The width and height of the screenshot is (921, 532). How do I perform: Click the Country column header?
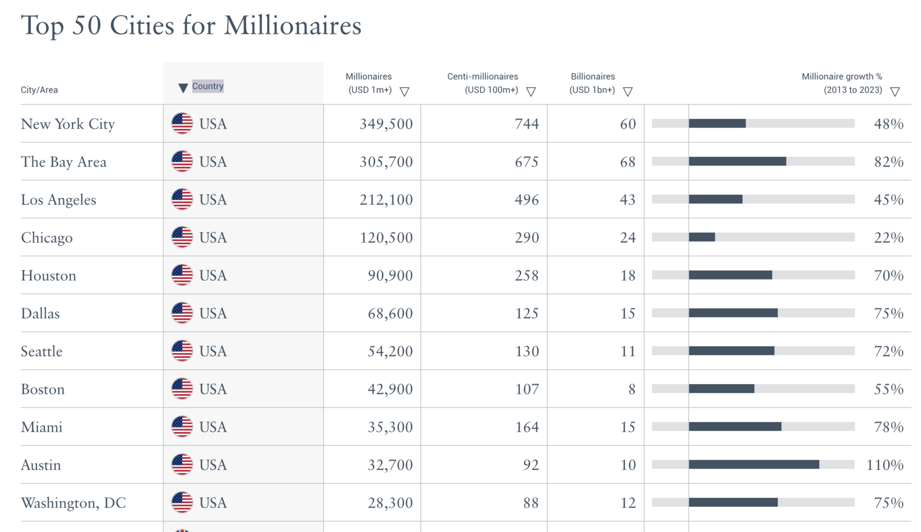pyautogui.click(x=207, y=86)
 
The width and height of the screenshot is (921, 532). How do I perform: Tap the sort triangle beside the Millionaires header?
pyautogui.click(x=404, y=92)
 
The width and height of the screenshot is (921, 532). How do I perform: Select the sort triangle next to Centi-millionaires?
pyautogui.click(x=531, y=92)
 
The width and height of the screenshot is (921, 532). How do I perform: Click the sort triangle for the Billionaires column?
pyautogui.click(x=628, y=92)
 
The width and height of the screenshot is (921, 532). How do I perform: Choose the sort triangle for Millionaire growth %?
pyautogui.click(x=895, y=92)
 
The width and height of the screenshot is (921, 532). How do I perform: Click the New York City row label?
pyautogui.click(x=68, y=124)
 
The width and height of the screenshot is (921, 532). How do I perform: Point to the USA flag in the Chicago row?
pyautogui.click(x=182, y=237)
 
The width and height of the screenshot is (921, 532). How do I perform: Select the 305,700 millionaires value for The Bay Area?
pyautogui.click(x=386, y=162)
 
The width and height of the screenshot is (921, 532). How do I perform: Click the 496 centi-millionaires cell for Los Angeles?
pyautogui.click(x=527, y=200)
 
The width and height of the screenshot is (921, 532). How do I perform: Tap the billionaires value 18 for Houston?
pyautogui.click(x=628, y=275)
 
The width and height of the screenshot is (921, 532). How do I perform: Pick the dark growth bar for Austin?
pyautogui.click(x=754, y=464)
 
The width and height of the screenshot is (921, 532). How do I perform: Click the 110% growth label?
pyautogui.click(x=885, y=465)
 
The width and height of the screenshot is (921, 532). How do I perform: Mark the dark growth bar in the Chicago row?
pyautogui.click(x=702, y=237)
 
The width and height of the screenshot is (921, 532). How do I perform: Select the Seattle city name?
pyautogui.click(x=41, y=351)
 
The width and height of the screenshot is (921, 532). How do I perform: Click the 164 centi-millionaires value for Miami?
pyautogui.click(x=527, y=427)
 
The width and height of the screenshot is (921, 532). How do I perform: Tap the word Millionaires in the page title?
pyautogui.click(x=292, y=26)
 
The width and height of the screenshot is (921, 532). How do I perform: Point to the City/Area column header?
pyautogui.click(x=39, y=90)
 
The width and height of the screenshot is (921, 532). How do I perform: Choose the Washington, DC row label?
pyautogui.click(x=73, y=503)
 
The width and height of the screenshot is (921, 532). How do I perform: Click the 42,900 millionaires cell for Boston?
pyautogui.click(x=390, y=389)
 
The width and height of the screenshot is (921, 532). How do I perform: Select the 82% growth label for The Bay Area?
pyautogui.click(x=889, y=162)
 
